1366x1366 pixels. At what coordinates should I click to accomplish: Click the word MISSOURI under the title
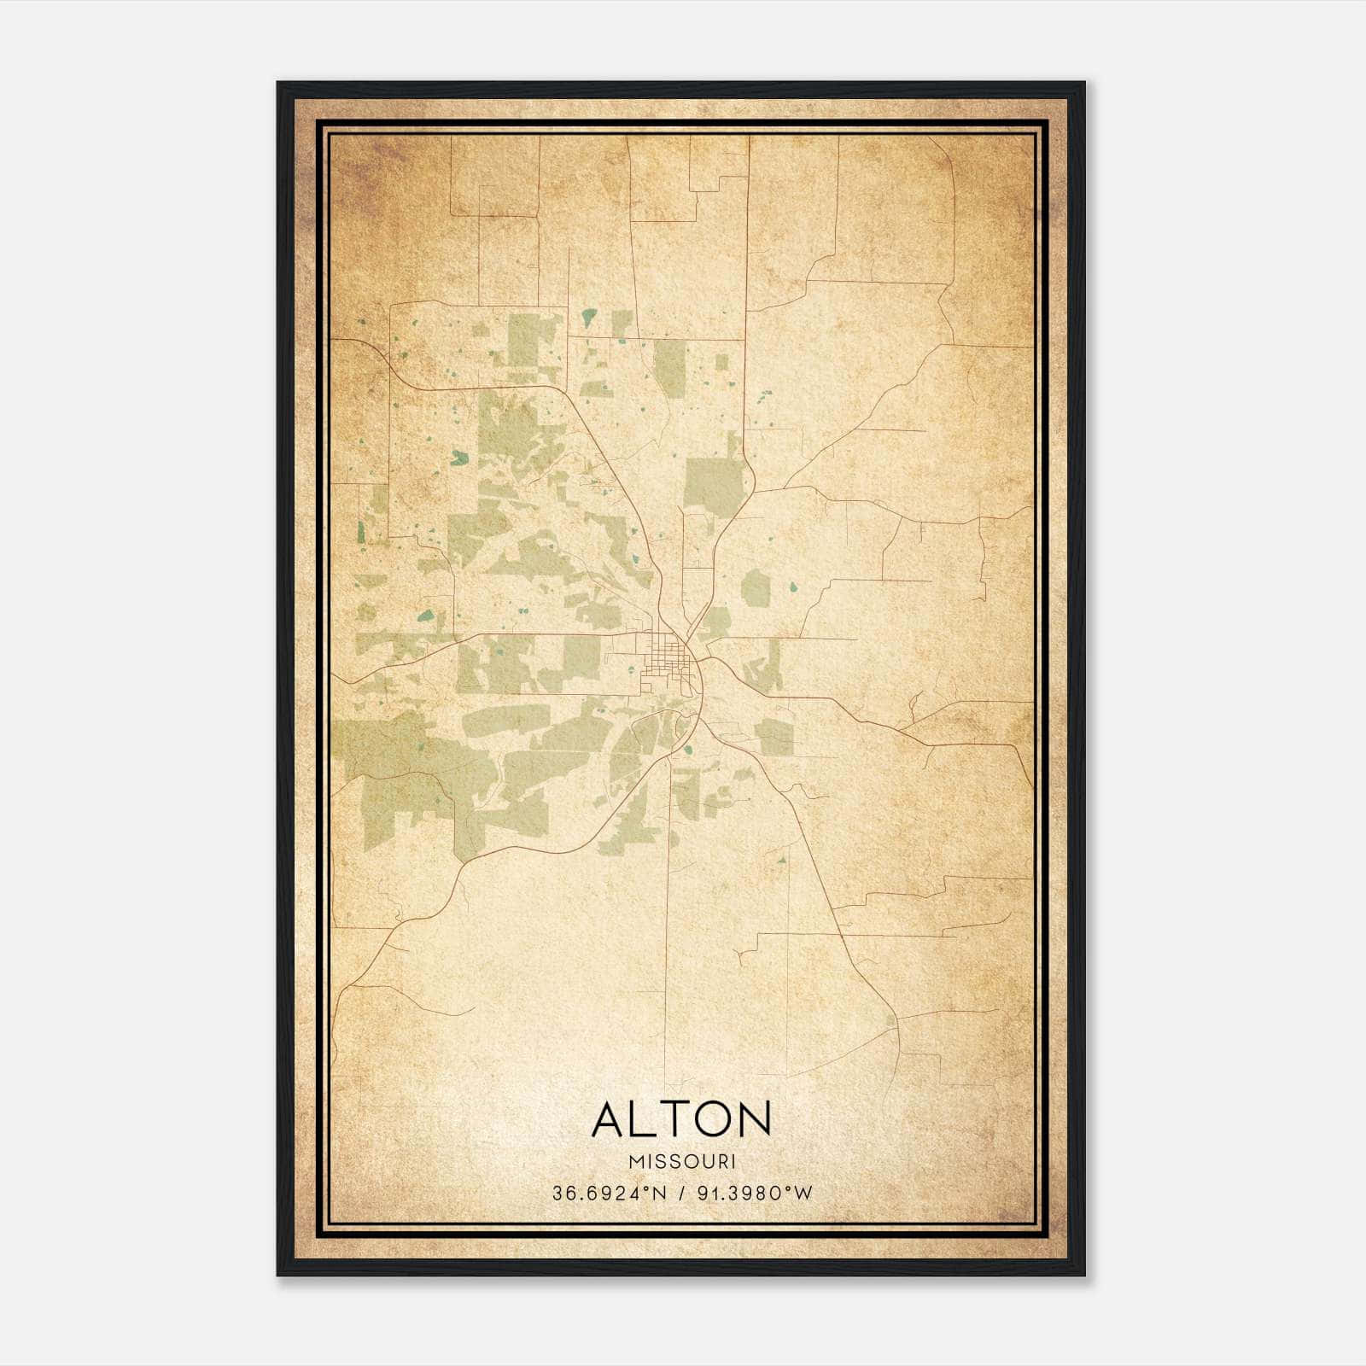point(682,1162)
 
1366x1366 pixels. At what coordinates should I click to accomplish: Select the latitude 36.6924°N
point(607,1194)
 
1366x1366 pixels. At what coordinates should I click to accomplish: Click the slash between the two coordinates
point(681,1194)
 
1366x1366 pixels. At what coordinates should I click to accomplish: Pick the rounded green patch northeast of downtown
point(756,588)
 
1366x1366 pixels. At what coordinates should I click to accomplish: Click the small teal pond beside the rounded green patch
point(793,587)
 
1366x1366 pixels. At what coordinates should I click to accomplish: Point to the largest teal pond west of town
point(459,458)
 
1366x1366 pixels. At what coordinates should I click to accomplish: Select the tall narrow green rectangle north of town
point(670,369)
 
